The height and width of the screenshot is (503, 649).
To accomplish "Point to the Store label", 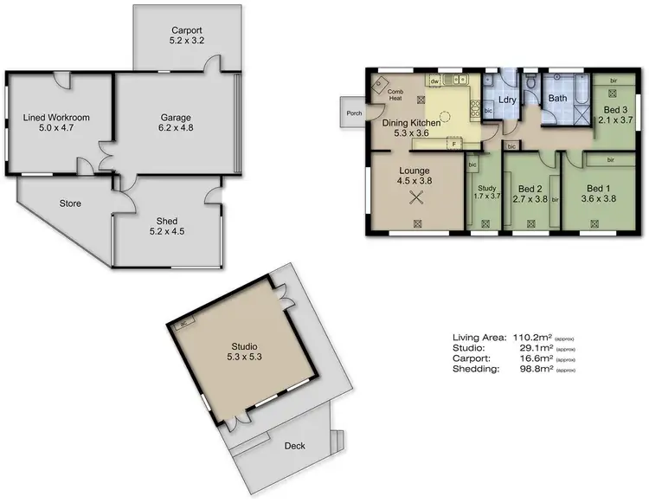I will point(70,204).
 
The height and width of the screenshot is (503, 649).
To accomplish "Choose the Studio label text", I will point(243,346).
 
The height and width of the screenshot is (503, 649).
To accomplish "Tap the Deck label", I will point(294,447).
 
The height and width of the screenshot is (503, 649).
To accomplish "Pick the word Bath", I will point(558,99).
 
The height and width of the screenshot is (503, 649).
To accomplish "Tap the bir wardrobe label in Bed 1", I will point(610,160).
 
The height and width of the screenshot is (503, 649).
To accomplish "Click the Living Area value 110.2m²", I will point(531,337).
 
